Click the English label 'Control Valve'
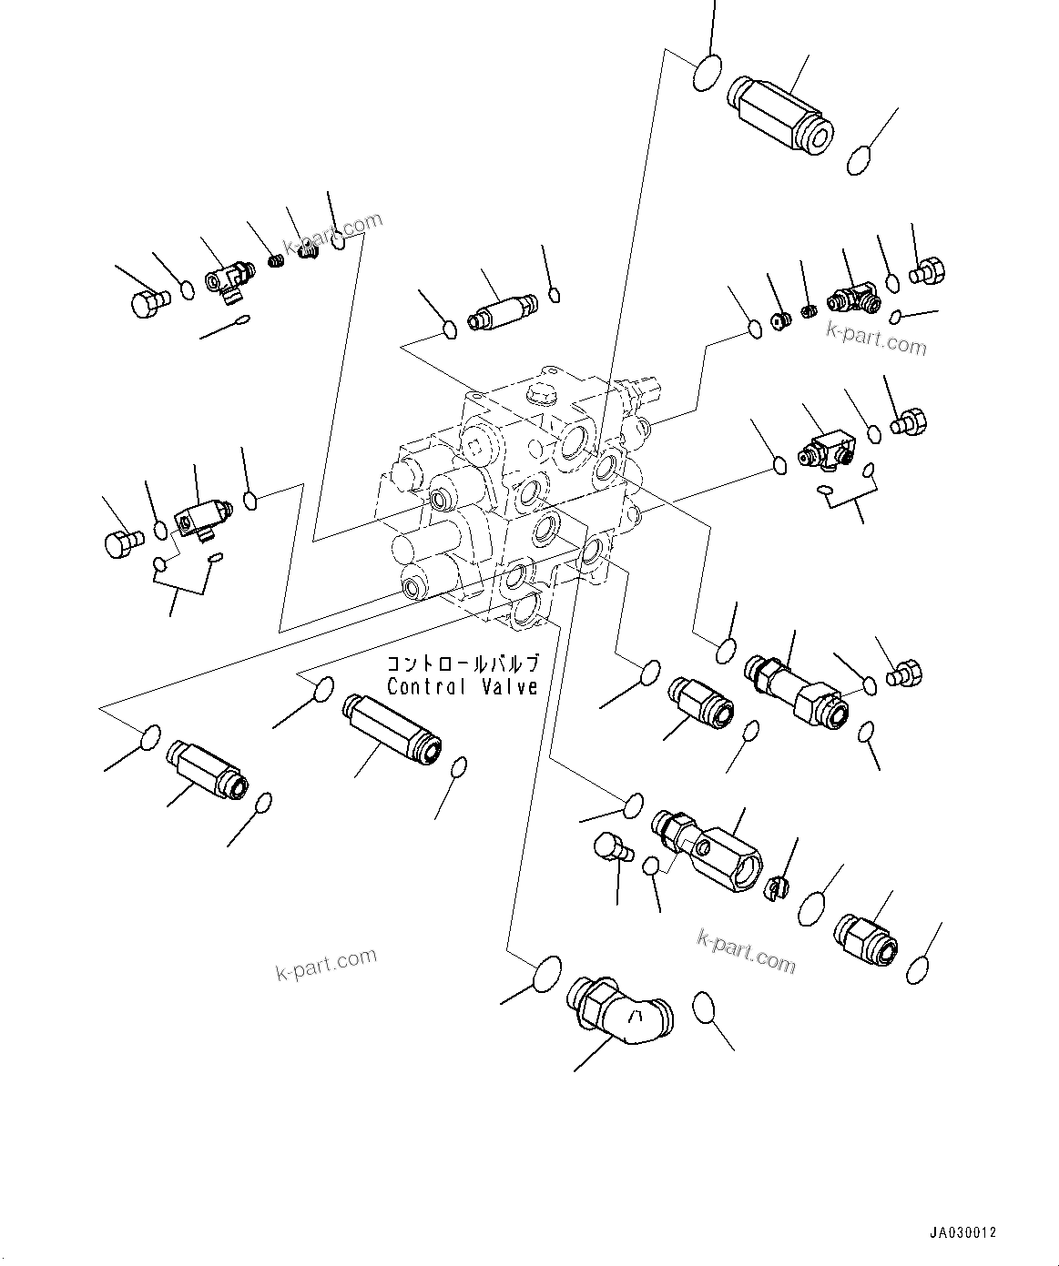tap(463, 687)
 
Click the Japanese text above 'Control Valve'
tap(463, 664)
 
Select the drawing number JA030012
tap(962, 1232)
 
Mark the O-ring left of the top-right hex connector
tap(708, 73)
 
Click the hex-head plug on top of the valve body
tap(537, 398)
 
